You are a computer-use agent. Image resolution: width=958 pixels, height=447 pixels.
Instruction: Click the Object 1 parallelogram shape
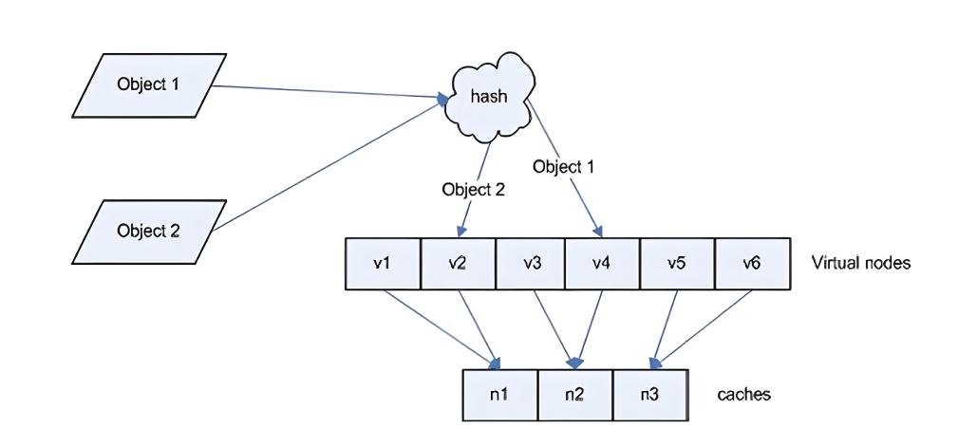[149, 84]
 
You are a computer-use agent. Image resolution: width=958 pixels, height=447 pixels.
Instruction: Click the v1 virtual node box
[383, 263]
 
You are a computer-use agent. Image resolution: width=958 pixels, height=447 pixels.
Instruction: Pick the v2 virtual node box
[459, 263]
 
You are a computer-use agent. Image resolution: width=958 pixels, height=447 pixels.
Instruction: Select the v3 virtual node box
[531, 263]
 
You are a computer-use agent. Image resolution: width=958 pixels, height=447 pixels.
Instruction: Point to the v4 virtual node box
[602, 263]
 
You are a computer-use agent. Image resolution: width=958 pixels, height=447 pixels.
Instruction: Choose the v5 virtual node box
[677, 263]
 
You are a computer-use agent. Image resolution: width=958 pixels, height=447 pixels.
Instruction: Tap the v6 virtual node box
[753, 263]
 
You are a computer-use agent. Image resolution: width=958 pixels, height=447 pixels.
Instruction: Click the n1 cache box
[500, 395]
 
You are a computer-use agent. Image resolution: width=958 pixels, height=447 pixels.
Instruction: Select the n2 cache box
[575, 395]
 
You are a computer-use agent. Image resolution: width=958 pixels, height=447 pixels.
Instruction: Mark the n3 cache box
[650, 395]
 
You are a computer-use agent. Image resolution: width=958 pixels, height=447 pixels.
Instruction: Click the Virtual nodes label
[861, 263]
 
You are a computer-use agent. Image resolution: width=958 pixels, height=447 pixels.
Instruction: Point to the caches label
[743, 395]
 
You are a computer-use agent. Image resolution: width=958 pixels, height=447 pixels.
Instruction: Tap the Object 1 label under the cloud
[563, 166]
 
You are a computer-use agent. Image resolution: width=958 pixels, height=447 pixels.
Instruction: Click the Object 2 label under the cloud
[474, 189]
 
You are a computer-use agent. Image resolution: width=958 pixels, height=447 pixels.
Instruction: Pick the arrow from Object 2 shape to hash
[329, 166]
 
